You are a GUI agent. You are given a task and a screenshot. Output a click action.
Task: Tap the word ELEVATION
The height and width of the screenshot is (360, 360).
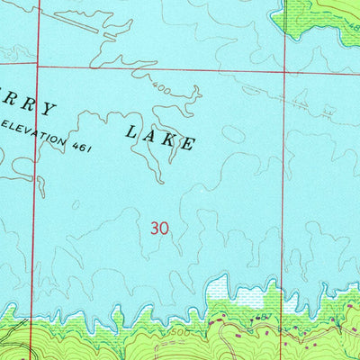(x=36, y=130)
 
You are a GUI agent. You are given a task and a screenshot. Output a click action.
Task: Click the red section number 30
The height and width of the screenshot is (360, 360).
(x=159, y=229)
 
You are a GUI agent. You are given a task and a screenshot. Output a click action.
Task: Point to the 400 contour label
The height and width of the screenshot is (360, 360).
(x=163, y=91)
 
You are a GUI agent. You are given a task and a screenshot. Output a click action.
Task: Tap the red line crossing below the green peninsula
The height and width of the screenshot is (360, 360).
(x=284, y=70)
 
